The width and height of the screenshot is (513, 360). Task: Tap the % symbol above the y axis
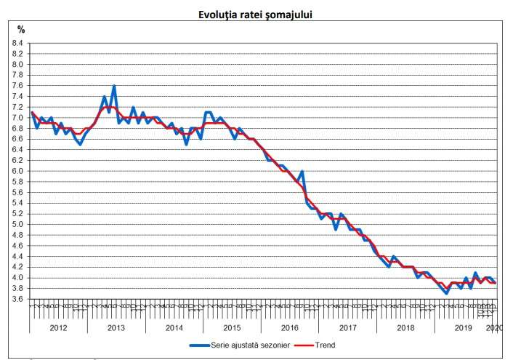[21, 30]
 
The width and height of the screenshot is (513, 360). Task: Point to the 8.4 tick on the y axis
[18, 43]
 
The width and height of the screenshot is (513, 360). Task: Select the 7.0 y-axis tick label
[18, 118]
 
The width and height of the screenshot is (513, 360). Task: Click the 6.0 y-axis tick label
[18, 171]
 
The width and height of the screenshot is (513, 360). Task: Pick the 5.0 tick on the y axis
[18, 224]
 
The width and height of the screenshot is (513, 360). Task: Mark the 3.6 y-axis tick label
[18, 299]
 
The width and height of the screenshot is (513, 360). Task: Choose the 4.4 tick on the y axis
[18, 256]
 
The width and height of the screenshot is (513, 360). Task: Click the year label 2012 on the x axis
[58, 328]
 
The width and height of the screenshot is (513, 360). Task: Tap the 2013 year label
[116, 328]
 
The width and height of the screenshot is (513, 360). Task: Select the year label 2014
[174, 328]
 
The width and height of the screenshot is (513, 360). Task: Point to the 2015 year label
[232, 328]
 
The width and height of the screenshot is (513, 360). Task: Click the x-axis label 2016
[290, 328]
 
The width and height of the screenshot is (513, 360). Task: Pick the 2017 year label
[348, 328]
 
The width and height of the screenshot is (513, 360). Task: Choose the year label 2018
[405, 328]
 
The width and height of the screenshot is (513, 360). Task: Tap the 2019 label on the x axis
[464, 328]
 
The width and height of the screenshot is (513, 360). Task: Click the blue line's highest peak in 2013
[114, 86]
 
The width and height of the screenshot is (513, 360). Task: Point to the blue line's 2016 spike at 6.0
[302, 172]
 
